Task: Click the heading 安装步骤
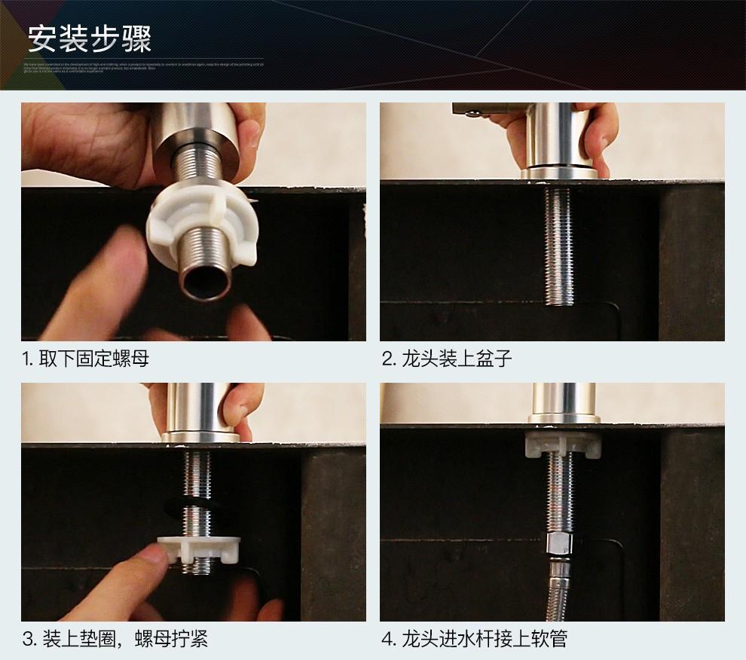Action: pyautogui.click(x=90, y=38)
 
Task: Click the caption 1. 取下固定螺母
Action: pyautogui.click(x=85, y=358)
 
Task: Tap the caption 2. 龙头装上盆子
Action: pyautogui.click(x=447, y=358)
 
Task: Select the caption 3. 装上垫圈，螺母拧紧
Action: pyautogui.click(x=115, y=640)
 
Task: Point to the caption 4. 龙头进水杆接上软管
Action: pyautogui.click(x=475, y=640)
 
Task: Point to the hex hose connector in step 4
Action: pyautogui.click(x=559, y=544)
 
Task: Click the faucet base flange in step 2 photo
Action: pyautogui.click(x=558, y=174)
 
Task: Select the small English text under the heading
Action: pyautogui.click(x=143, y=69)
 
